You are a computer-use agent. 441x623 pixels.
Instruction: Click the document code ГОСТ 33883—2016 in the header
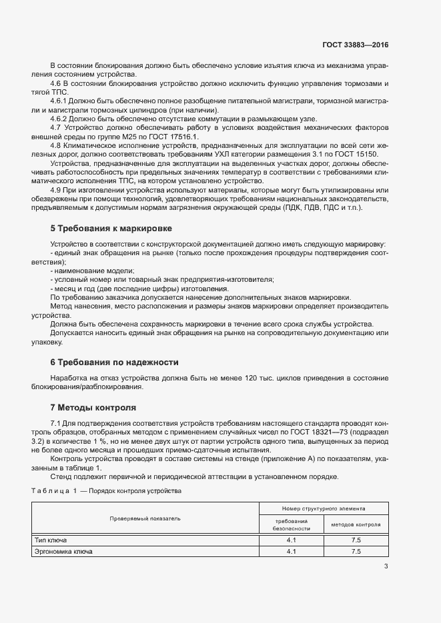pyautogui.click(x=356, y=45)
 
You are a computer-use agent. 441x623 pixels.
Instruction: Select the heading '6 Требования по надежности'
pyautogui.click(x=114, y=362)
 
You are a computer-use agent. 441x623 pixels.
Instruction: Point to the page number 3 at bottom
pyautogui.click(x=386, y=567)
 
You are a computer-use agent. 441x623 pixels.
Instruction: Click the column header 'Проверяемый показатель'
pyautogui.click(x=145, y=518)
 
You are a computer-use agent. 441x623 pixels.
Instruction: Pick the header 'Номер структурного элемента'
pyautogui.click(x=324, y=508)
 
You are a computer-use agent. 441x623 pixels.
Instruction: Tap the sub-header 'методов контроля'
pyautogui.click(x=356, y=524)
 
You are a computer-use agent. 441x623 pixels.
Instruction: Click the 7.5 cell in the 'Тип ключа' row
pyautogui.click(x=356, y=540)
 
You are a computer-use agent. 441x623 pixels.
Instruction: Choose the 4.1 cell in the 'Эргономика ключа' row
pyautogui.click(x=291, y=552)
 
